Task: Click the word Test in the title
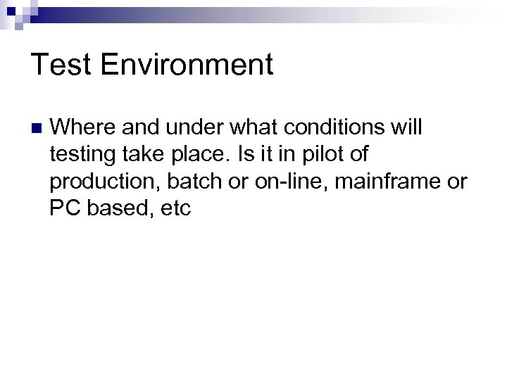coord(60,65)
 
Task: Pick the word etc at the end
coord(175,209)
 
